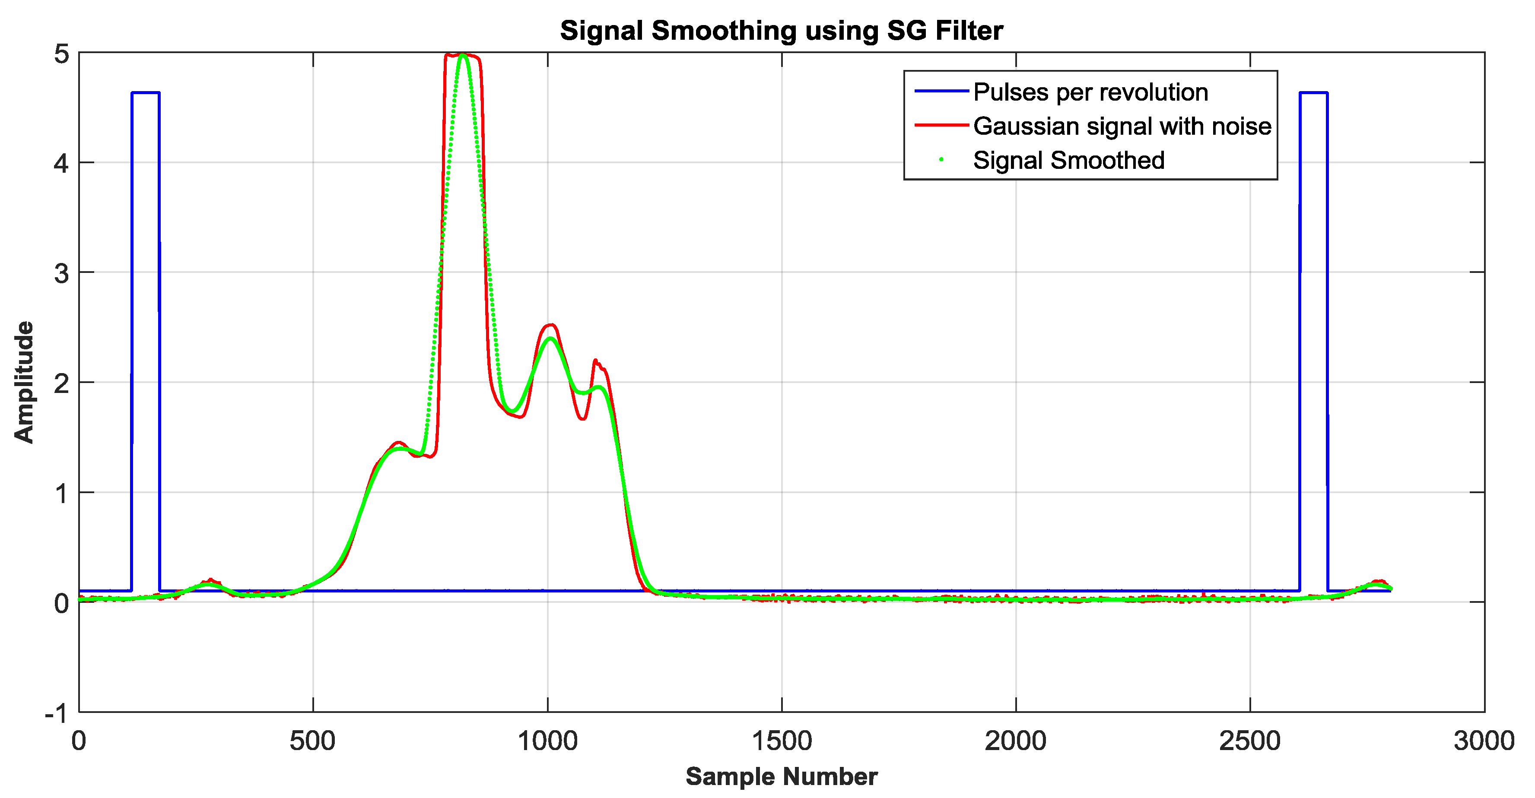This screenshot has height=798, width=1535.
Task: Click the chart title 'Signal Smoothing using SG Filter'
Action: [x=781, y=31]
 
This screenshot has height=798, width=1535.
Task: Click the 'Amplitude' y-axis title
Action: [x=24, y=382]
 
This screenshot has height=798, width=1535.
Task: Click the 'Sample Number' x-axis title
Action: [x=781, y=776]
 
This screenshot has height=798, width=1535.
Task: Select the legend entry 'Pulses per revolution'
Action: [x=1090, y=92]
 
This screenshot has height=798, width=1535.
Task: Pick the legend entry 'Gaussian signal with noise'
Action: [x=1122, y=126]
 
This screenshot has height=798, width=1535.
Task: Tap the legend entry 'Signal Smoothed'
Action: [x=1068, y=160]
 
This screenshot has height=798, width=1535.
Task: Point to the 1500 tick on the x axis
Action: [x=781, y=741]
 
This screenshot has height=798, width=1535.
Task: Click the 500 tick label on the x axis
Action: [x=313, y=741]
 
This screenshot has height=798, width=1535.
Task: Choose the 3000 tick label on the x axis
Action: [x=1483, y=741]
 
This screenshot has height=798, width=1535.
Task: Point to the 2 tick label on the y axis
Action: [x=61, y=383]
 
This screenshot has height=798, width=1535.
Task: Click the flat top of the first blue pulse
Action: [x=146, y=93]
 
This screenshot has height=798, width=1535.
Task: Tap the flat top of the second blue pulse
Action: [x=1313, y=93]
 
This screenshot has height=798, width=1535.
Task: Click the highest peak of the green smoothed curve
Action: [x=463, y=55]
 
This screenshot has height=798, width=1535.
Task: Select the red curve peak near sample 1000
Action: [x=550, y=325]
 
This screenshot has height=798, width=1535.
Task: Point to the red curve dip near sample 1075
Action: [x=582, y=419]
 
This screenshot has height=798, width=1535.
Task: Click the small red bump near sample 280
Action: [x=211, y=579]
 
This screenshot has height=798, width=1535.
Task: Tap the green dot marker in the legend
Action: [x=941, y=160]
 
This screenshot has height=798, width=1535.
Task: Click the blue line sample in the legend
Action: [x=941, y=91]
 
